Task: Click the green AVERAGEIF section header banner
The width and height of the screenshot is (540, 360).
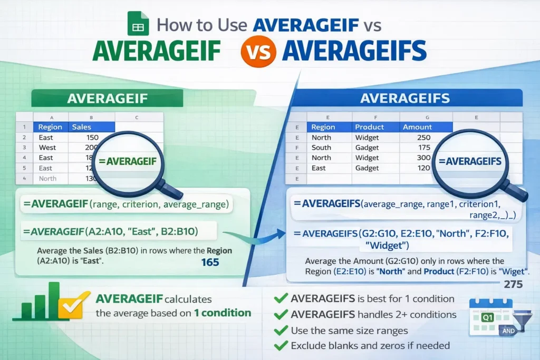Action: (107, 99)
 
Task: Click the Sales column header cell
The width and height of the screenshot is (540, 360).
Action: (82, 127)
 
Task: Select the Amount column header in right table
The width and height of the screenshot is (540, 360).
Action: (418, 127)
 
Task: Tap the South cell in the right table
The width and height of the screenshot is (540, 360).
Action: (321, 148)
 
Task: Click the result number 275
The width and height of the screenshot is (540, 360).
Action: (513, 285)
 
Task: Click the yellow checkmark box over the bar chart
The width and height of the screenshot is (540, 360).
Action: (70, 307)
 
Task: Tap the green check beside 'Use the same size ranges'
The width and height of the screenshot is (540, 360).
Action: (280, 330)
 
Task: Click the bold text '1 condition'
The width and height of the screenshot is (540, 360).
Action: (222, 313)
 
